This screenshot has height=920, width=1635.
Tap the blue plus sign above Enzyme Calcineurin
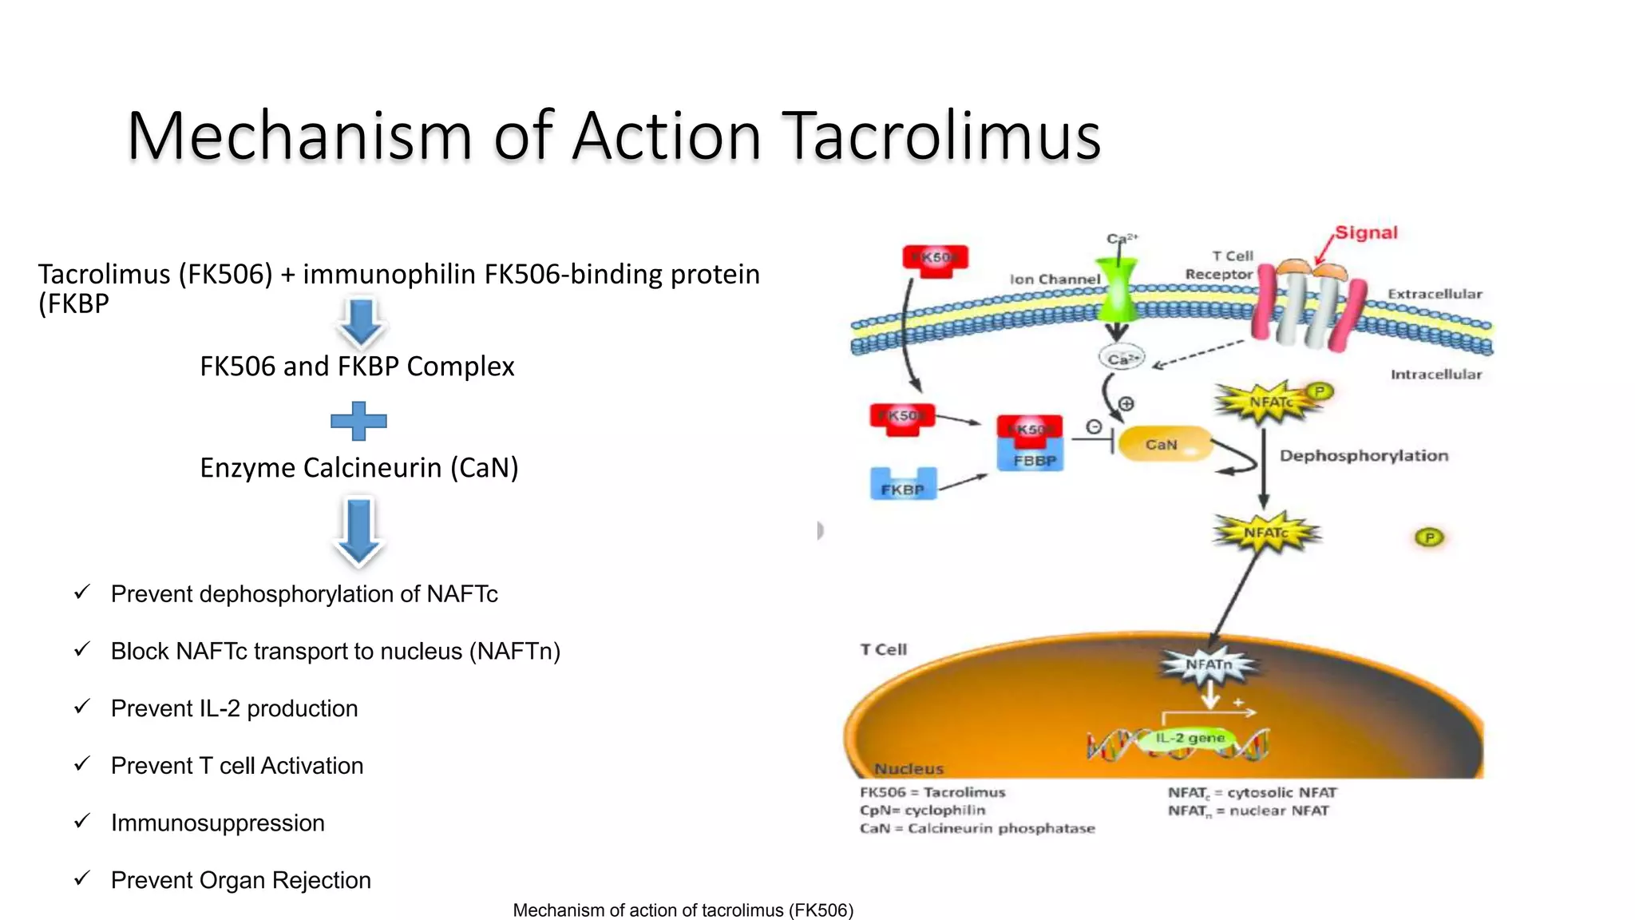click(x=358, y=421)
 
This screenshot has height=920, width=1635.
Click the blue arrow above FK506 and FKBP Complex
click(x=361, y=321)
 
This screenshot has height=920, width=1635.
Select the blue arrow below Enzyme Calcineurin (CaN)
click(x=358, y=529)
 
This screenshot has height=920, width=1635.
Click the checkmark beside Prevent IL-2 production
click(x=81, y=707)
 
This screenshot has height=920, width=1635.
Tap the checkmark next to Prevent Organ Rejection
click(x=81, y=878)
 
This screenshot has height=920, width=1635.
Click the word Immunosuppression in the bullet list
click(x=217, y=823)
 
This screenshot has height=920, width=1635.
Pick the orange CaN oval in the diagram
click(x=1164, y=444)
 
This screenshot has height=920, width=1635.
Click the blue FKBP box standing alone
click(x=902, y=484)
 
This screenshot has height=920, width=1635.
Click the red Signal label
click(x=1366, y=232)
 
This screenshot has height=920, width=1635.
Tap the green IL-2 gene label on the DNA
click(x=1190, y=738)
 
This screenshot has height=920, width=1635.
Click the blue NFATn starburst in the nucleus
click(x=1209, y=664)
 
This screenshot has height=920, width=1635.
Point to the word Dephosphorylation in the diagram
click(x=1364, y=455)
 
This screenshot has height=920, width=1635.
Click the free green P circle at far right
click(x=1429, y=537)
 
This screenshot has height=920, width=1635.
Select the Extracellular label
click(x=1435, y=294)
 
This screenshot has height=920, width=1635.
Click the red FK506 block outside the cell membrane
click(x=935, y=260)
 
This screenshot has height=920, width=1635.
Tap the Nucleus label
click(x=909, y=768)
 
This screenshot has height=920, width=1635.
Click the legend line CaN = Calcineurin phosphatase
click(x=977, y=828)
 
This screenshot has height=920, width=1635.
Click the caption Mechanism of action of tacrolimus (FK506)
click(x=683, y=910)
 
